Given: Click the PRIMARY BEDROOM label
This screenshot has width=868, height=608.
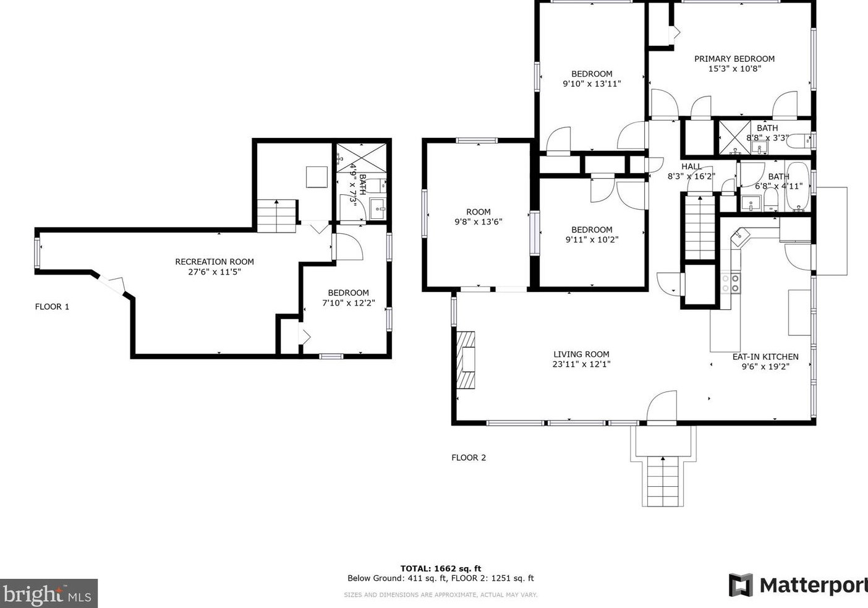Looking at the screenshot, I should [x=734, y=59].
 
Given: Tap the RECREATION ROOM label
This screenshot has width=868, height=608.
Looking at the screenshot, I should [x=214, y=262].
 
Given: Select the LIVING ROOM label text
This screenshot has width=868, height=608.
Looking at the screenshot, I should [x=581, y=354].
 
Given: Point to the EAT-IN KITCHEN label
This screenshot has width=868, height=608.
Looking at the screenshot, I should [x=765, y=357].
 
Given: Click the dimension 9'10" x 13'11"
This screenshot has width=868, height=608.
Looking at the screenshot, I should [x=591, y=83].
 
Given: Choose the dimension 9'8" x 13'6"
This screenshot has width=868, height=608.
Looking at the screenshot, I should [x=478, y=221].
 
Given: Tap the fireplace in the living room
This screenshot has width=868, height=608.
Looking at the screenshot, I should [x=466, y=359].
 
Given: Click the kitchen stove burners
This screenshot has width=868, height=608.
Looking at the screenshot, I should [x=730, y=283].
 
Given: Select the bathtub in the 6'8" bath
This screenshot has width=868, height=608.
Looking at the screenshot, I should [x=797, y=187].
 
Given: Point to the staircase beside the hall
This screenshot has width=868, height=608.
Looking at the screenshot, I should [x=699, y=228].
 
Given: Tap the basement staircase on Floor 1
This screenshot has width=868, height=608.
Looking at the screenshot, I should [x=276, y=216].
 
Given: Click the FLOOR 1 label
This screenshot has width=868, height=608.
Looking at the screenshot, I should [x=52, y=307].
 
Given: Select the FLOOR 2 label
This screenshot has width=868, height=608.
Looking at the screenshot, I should [x=468, y=458].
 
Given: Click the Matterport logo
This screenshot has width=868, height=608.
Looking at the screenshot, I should [x=798, y=585].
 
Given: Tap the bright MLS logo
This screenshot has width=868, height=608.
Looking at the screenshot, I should [x=48, y=594].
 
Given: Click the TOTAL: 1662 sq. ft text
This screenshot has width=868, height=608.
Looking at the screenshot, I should [x=440, y=568].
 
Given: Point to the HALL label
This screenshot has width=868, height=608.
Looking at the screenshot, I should [x=691, y=166].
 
